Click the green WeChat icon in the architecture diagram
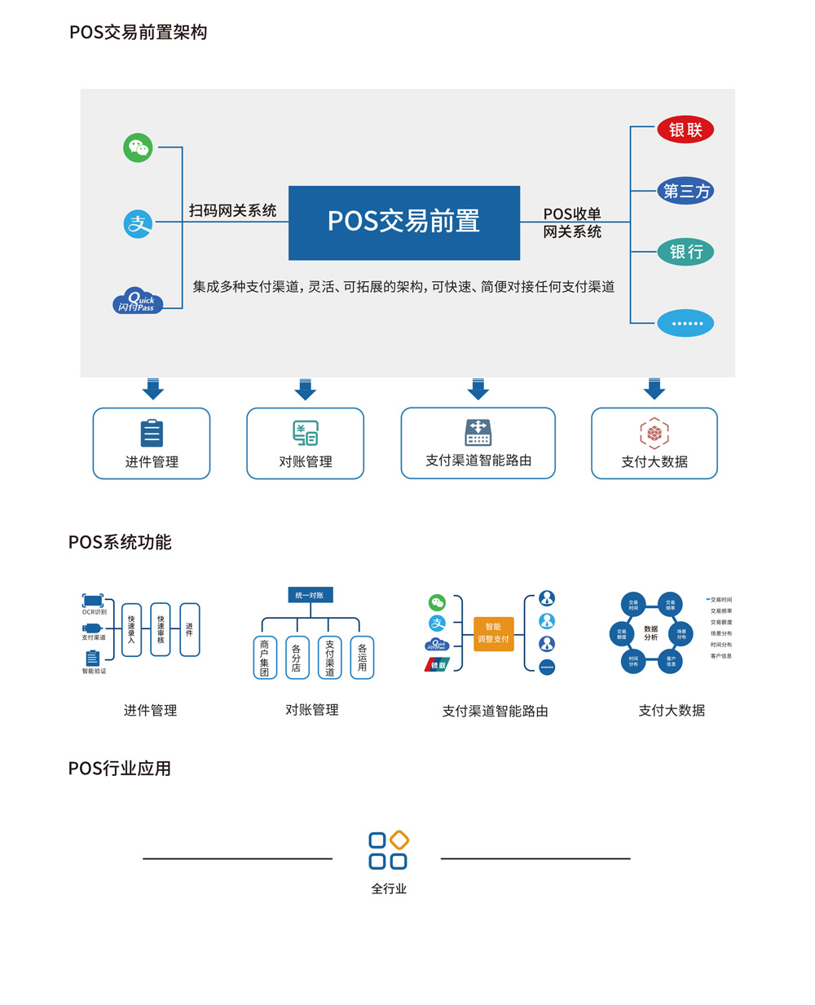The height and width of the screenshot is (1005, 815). click(138, 148)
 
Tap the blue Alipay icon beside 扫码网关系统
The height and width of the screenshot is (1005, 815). click(138, 223)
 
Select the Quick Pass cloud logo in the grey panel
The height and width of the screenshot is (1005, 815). click(137, 301)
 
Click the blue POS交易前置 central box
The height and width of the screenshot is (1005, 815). click(404, 223)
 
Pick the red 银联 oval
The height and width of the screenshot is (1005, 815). click(685, 130)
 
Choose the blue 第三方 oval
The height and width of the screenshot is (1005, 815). click(685, 191)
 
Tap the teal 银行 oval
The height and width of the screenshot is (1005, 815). click(685, 252)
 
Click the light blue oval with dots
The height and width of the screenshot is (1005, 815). click(685, 323)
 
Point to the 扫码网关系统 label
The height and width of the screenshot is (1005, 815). click(232, 210)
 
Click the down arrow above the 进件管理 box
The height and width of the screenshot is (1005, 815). click(152, 389)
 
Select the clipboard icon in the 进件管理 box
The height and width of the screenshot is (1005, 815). click(152, 433)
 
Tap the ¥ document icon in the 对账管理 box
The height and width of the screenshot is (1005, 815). click(306, 433)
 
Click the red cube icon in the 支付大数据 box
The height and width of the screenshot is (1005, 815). click(654, 433)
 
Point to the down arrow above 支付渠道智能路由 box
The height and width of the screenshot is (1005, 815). click(478, 389)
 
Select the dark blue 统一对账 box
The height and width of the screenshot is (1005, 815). click(310, 595)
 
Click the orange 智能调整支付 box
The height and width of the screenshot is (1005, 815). click(493, 633)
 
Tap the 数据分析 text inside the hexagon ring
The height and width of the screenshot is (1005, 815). click(650, 633)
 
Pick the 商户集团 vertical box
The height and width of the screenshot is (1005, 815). click(265, 658)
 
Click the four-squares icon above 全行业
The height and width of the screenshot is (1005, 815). click(389, 851)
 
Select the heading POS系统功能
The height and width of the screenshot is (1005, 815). click(120, 542)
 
